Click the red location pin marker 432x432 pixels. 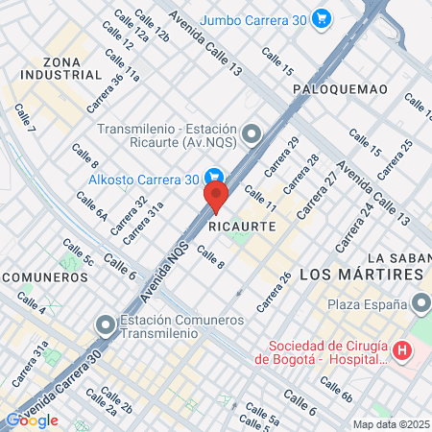tap(215, 197)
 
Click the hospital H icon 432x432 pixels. tap(402, 352)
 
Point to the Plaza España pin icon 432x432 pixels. tap(421, 304)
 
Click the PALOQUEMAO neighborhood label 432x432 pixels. tap(340, 89)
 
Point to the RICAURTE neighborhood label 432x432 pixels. tap(242, 227)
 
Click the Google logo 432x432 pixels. tap(32, 420)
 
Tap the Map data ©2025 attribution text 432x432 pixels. tap(391, 424)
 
